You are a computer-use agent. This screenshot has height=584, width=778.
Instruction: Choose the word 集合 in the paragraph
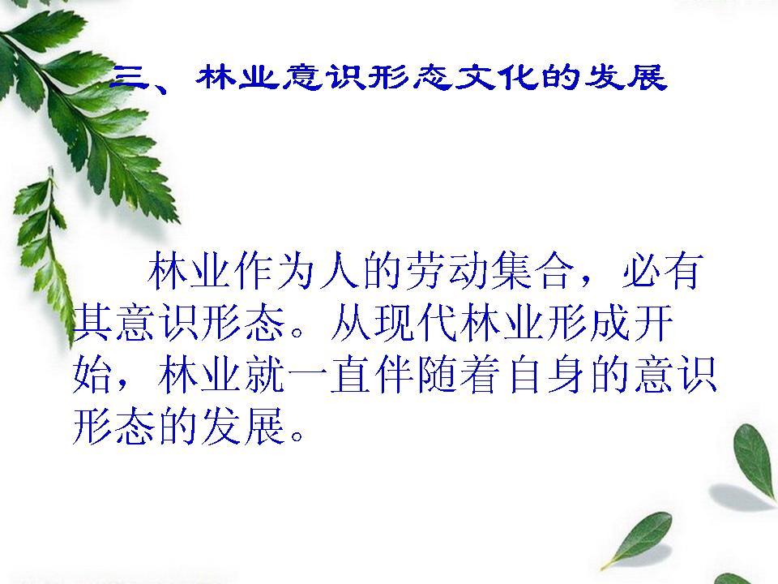534,271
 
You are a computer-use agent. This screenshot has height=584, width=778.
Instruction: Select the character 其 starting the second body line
92,322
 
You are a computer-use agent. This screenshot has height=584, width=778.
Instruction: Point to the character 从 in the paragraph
350,322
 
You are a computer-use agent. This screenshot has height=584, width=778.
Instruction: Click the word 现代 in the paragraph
415,322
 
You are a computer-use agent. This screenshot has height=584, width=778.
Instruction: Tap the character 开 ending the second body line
652,322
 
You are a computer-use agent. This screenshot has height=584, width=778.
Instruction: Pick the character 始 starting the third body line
92,374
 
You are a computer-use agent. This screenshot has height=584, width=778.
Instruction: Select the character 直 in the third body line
351,374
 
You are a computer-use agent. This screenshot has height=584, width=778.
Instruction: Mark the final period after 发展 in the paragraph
297,435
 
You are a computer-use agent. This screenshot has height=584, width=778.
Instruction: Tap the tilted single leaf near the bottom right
638,539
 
